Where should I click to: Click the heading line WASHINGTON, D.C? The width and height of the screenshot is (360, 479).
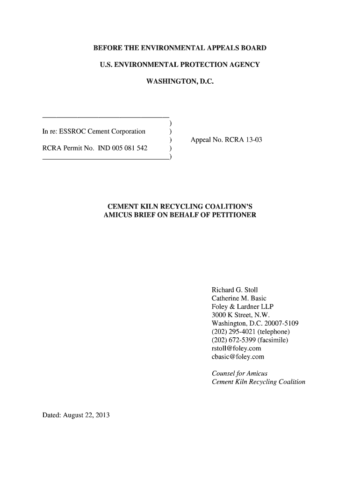[x=180, y=82]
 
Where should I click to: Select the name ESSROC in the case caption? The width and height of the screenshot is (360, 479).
[x=72, y=131]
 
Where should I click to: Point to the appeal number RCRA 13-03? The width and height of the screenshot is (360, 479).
[x=238, y=140]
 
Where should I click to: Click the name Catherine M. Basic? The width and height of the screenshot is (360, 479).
[x=239, y=298]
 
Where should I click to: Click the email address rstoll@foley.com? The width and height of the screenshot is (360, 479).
[x=237, y=348]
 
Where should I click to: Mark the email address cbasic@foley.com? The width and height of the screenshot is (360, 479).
[x=238, y=357]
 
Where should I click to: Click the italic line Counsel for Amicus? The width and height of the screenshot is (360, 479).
[x=239, y=373]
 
